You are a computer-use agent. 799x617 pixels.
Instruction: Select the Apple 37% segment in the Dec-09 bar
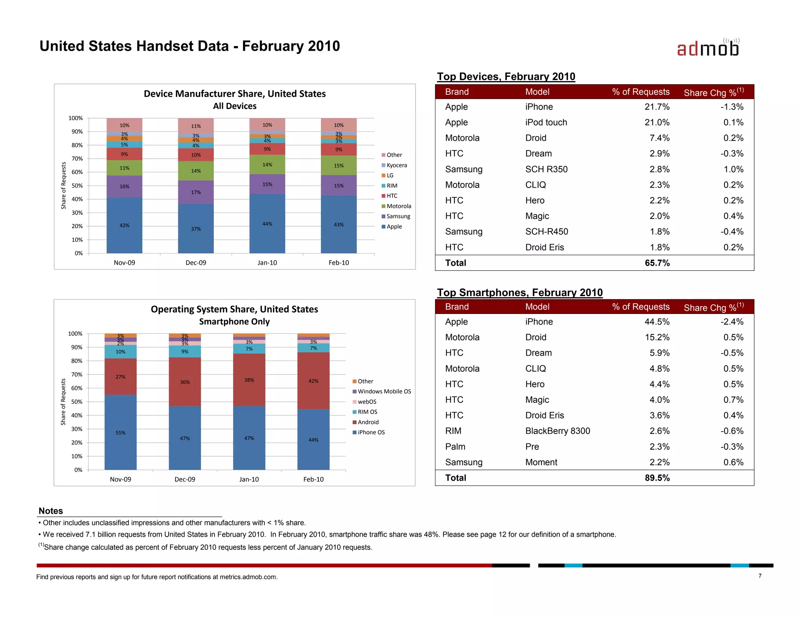tap(196, 229)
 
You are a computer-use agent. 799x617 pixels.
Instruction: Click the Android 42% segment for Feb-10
tap(313, 381)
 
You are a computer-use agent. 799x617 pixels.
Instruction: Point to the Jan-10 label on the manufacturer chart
tap(267, 262)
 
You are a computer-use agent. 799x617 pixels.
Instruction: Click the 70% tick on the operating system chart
tap(77, 374)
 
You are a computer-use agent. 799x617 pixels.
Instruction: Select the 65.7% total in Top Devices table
tap(657, 263)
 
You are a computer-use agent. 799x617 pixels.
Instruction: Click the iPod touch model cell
tap(546, 122)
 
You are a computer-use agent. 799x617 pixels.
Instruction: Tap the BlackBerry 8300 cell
tap(558, 431)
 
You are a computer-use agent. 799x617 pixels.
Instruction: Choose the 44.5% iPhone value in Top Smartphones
tap(657, 322)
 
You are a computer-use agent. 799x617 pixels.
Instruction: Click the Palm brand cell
tap(455, 447)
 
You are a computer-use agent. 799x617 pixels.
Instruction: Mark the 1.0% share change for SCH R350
tap(733, 169)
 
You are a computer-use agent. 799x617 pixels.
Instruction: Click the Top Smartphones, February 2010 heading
tap(520, 293)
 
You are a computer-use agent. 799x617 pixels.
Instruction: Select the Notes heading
tap(51, 511)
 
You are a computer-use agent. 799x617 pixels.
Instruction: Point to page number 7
tap(760, 576)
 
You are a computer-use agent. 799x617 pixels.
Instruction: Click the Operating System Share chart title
tap(234, 309)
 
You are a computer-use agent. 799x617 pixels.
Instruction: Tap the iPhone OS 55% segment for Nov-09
tap(121, 432)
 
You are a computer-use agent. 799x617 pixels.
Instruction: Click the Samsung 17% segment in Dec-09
tap(196, 192)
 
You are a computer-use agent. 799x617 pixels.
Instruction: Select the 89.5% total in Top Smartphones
tap(657, 478)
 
